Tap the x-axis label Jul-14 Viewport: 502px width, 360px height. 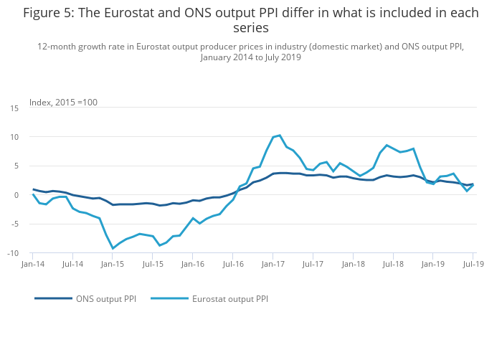(x=72, y=264)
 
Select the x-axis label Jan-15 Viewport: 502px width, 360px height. (x=113, y=264)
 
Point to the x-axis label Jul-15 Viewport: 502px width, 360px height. (x=153, y=264)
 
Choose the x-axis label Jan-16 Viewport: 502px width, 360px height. (x=193, y=264)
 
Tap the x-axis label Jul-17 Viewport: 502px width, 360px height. (x=313, y=264)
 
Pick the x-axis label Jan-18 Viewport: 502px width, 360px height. (x=353, y=264)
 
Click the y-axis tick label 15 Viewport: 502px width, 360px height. (x=14, y=108)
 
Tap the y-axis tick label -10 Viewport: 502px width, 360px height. (x=13, y=253)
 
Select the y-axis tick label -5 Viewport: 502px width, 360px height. (x=14, y=224)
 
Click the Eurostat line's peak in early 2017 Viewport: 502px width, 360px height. (x=280, y=135)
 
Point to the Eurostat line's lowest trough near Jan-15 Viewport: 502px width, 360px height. (x=113, y=248)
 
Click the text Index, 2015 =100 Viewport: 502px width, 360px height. (x=63, y=102)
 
